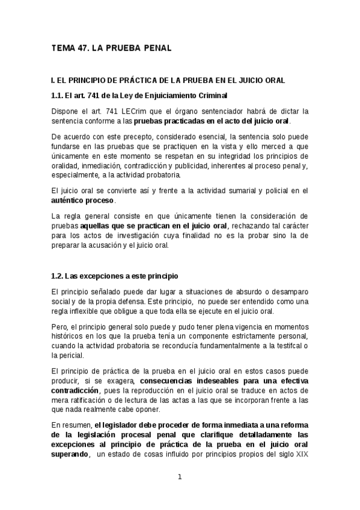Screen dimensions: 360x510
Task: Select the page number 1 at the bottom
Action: pyautogui.click(x=179, y=477)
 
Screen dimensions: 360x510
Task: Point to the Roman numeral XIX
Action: pyautogui.click(x=301, y=454)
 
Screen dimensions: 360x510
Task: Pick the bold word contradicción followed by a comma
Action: pyautogui.click(x=76, y=390)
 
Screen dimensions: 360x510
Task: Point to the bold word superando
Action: pyautogui.click(x=70, y=454)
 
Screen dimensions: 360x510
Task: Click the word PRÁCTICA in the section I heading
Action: pyautogui.click(x=121, y=79)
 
